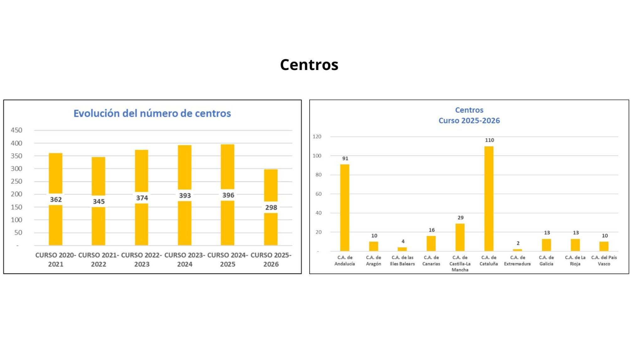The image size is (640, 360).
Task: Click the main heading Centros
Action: pos(309,65)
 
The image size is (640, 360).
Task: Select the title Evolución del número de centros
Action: pos(152,113)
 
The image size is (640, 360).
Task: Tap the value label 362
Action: pos(56,200)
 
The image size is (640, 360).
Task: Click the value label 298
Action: pos(271,207)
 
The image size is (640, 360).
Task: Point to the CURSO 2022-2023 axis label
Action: pos(142,260)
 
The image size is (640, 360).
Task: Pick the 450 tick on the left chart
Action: pos(17,130)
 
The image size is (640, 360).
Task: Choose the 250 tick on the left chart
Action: pos(17,181)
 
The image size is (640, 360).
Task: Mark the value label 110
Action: pos(489,140)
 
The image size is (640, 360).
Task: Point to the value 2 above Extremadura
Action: pos(518,243)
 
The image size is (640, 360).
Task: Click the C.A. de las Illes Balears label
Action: pos(403,261)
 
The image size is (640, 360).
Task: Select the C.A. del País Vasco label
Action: pos(604,261)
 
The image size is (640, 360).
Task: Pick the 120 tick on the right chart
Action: pos(317,137)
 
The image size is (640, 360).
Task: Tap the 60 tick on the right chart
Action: pos(318,194)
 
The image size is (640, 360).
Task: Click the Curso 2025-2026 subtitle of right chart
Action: pos(469,121)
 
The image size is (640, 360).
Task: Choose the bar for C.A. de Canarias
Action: pos(431,244)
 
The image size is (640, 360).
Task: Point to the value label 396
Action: pos(228,195)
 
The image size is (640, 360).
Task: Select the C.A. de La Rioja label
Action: pos(575,261)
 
